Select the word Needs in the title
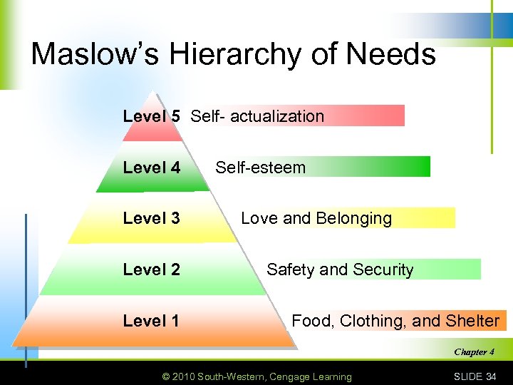point(396,54)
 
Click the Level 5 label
point(151,116)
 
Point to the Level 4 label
point(151,168)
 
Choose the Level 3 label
point(151,218)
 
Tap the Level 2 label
point(151,269)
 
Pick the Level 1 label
point(151,321)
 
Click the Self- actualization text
point(257,116)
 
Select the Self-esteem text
point(260,168)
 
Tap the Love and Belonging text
point(316,218)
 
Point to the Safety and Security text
point(340,269)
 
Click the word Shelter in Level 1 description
point(472,321)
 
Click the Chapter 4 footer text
point(474,351)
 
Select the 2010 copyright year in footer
point(183,376)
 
